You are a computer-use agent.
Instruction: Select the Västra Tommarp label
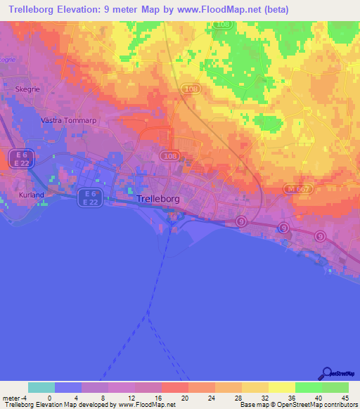pyautogui.click(x=69, y=120)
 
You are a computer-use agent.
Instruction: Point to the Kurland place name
pyautogui.click(x=32, y=195)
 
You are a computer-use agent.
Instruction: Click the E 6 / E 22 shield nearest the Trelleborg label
pyautogui.click(x=88, y=197)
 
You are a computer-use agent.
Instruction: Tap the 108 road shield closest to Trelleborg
pyautogui.click(x=167, y=154)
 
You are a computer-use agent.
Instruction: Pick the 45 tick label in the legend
pyautogui.click(x=344, y=397)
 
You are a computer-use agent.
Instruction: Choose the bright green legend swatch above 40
pyautogui.click(x=308, y=387)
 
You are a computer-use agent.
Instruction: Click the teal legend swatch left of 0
pyautogui.click(x=41, y=387)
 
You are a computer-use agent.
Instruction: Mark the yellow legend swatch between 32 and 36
pyautogui.click(x=281, y=387)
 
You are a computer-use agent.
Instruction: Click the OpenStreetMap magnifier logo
pyautogui.click(x=325, y=374)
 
